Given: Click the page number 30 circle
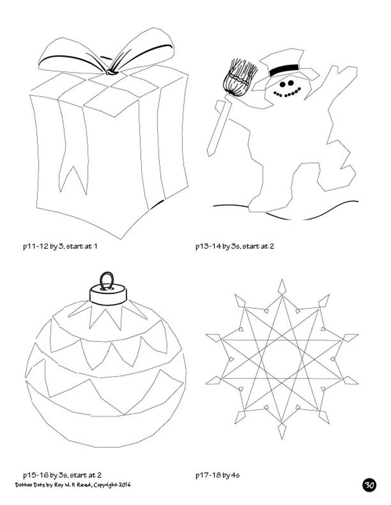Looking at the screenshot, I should (369, 485).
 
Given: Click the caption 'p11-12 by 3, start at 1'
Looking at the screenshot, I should (60, 246).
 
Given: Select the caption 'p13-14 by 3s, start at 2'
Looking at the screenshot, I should (235, 246).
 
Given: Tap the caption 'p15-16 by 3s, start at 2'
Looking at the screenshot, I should (62, 475).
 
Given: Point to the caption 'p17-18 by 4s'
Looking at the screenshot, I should (217, 475).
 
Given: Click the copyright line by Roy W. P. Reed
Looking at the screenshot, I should (73, 485).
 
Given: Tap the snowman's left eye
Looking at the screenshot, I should (283, 84).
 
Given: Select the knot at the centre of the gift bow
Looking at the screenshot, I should (111, 72).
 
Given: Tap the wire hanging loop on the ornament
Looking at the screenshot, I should (107, 280).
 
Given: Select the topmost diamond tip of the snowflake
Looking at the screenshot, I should (282, 286).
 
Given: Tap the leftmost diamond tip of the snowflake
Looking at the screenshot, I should (213, 337).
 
